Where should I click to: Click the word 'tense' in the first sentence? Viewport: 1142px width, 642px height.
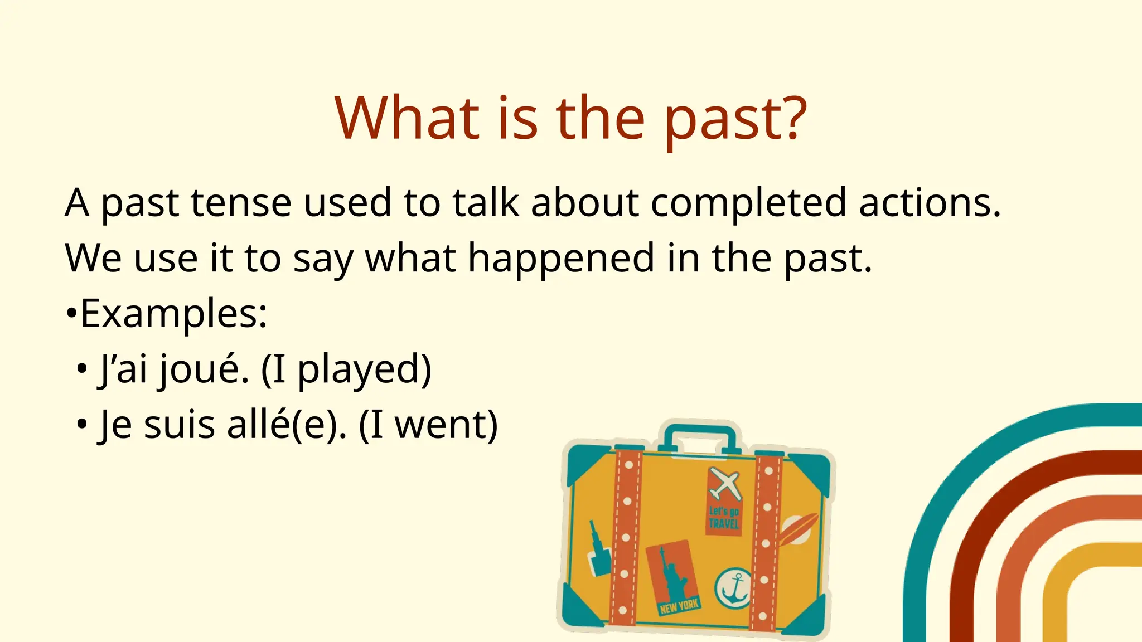[x=241, y=203]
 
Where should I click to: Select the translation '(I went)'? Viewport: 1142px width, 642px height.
[x=428, y=426]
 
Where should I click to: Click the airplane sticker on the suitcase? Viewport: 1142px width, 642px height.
[x=725, y=484]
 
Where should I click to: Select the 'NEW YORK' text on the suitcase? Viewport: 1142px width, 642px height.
[x=679, y=606]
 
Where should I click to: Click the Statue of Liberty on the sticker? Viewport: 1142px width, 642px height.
[x=674, y=574]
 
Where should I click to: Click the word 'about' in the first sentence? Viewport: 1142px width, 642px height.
[x=585, y=203]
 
